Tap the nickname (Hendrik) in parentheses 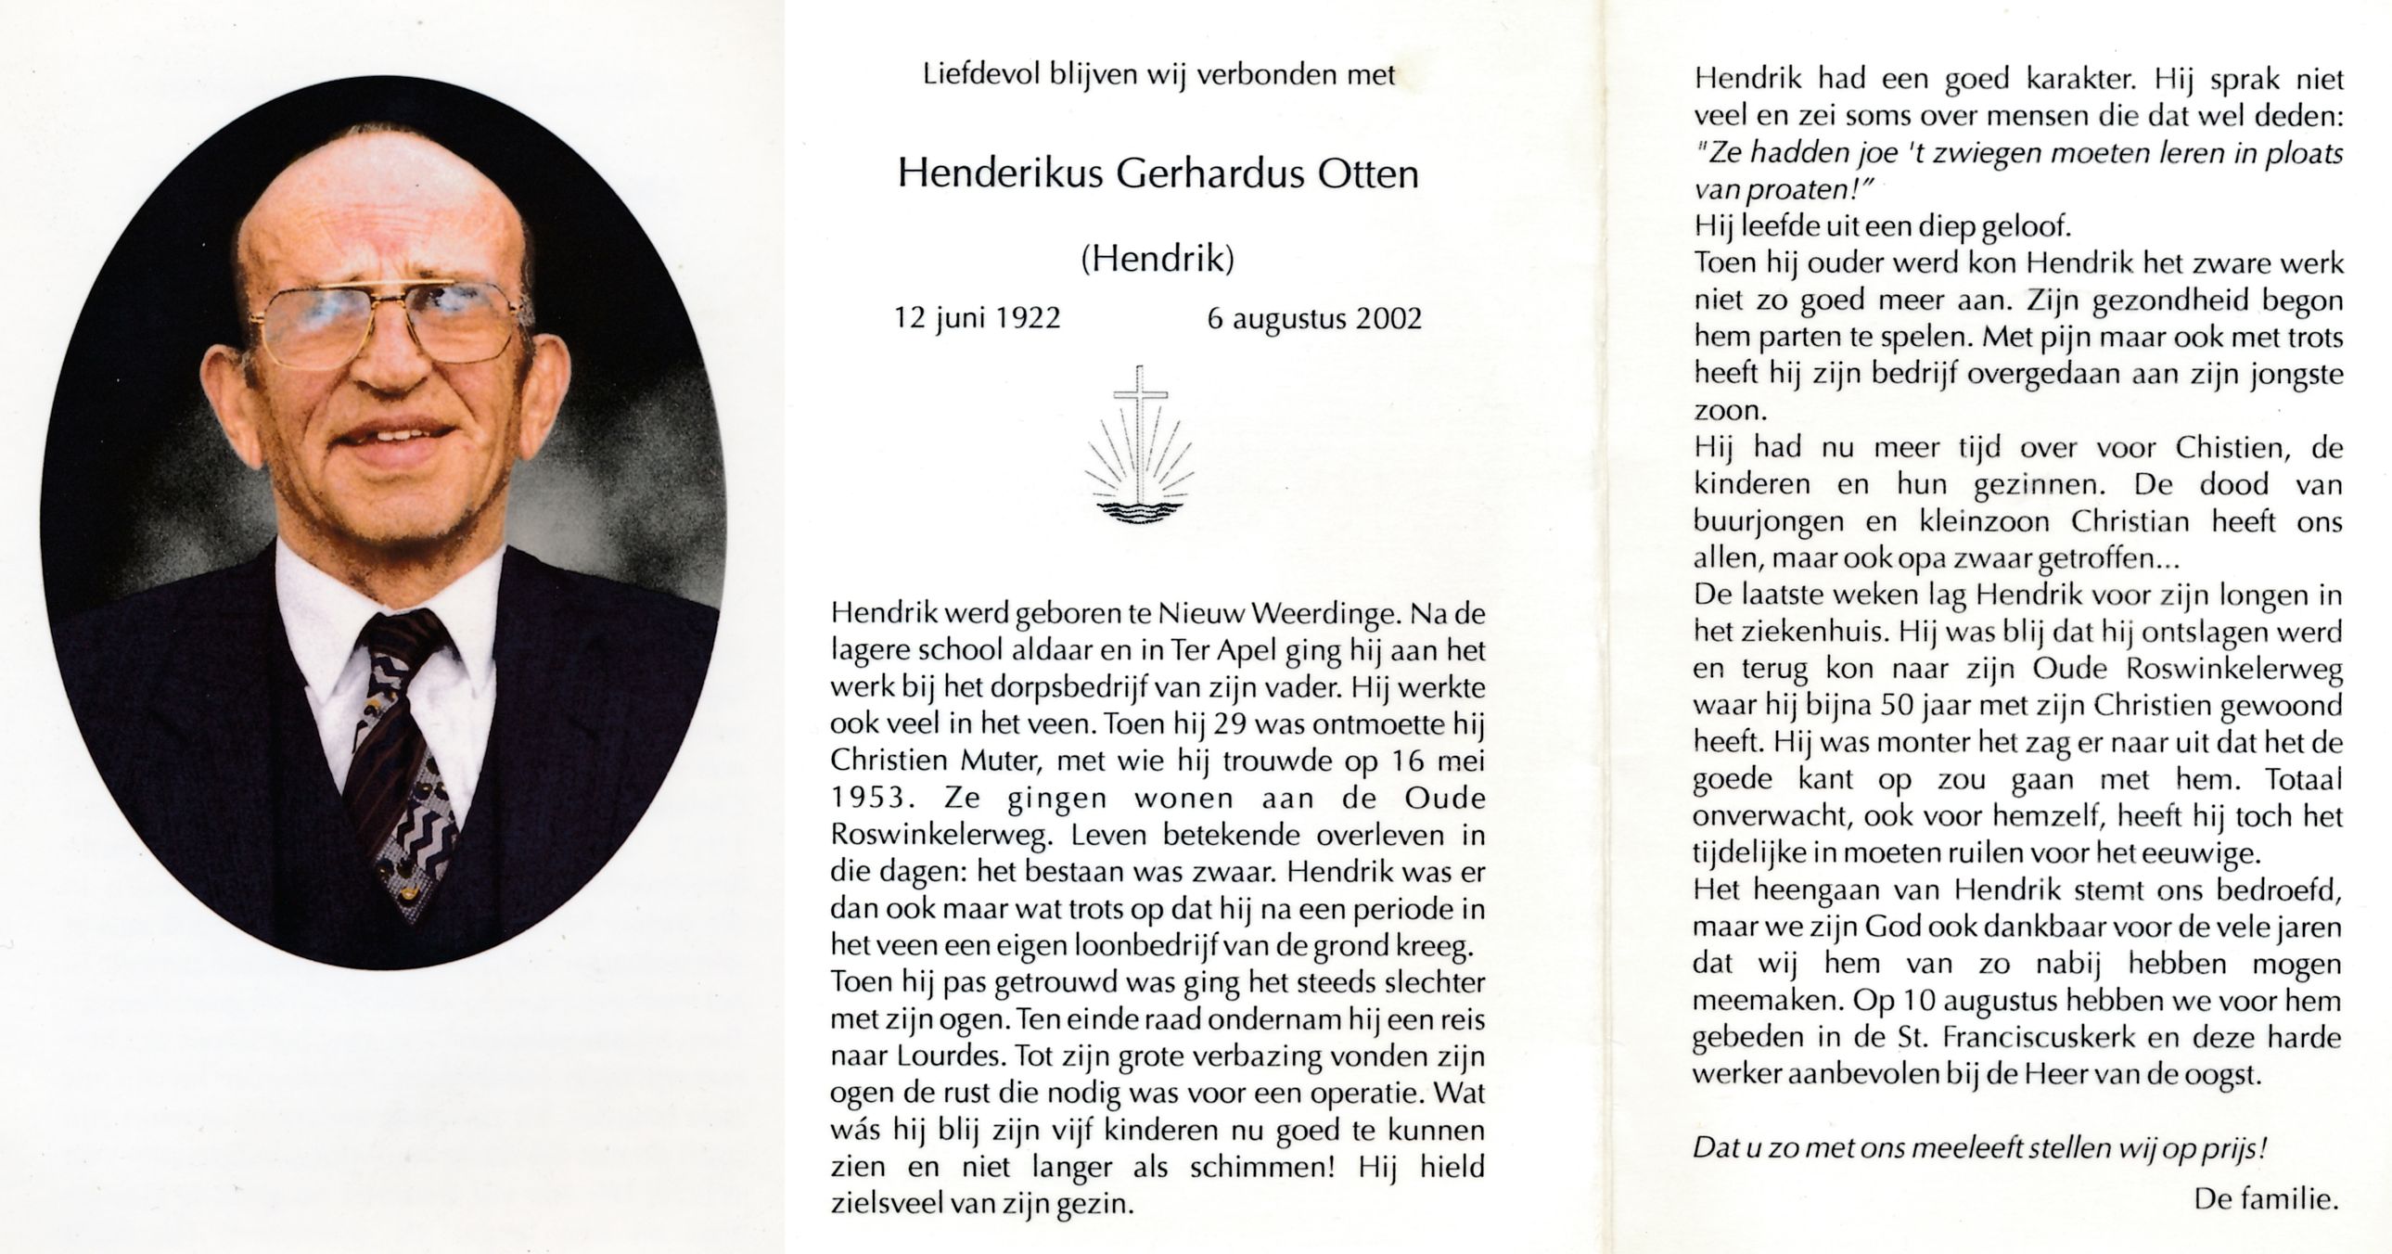(1158, 259)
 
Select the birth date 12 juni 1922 (977, 319)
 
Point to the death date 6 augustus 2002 (1314, 319)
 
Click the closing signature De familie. (2265, 1199)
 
